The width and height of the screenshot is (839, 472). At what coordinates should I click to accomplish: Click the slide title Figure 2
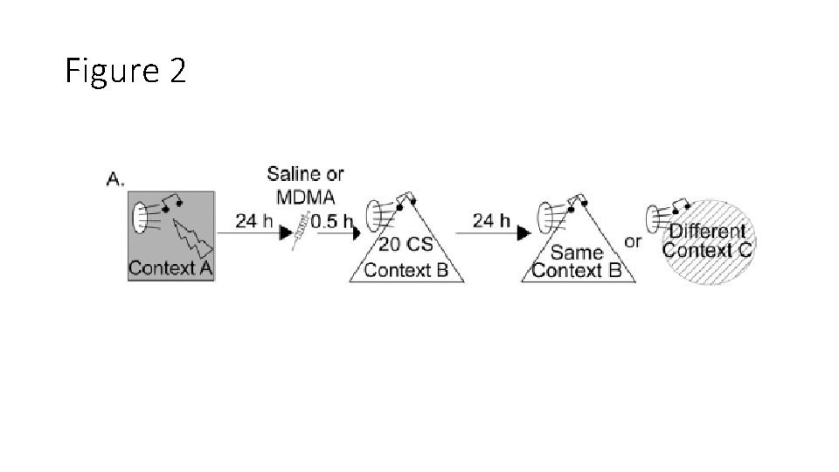[126, 72]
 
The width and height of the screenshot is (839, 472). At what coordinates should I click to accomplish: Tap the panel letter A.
[115, 179]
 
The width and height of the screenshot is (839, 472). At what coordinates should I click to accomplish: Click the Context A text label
[170, 268]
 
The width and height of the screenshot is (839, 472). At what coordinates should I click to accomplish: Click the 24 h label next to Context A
[259, 221]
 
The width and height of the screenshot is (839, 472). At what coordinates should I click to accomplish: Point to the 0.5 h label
[331, 221]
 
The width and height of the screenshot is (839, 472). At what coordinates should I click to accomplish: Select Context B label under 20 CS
[406, 269]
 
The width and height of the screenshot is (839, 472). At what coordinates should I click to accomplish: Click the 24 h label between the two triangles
[492, 221]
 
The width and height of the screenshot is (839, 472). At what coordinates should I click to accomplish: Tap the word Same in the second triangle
[577, 253]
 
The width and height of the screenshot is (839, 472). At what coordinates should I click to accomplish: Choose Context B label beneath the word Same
[577, 270]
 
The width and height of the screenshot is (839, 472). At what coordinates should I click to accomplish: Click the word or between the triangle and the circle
[633, 240]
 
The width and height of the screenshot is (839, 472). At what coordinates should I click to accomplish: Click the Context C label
[707, 250]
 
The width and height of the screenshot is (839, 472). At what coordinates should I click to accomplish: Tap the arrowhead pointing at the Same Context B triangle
[524, 234]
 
